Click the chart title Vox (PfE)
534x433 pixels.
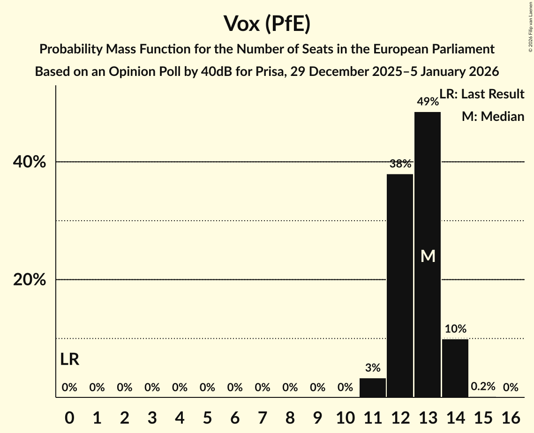tap(267, 23)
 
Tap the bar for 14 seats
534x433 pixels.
tap(455, 367)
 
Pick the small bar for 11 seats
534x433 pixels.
tap(373, 388)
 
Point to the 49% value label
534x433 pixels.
tap(428, 102)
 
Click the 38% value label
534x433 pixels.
tap(400, 164)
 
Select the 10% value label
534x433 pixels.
tap(455, 329)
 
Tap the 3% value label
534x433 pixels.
tap(373, 368)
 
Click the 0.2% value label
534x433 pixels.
tap(483, 387)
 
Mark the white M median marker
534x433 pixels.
tap(428, 256)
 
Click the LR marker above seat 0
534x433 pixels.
tap(69, 359)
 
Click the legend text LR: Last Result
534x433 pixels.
tap(481, 94)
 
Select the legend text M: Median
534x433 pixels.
tap(493, 117)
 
